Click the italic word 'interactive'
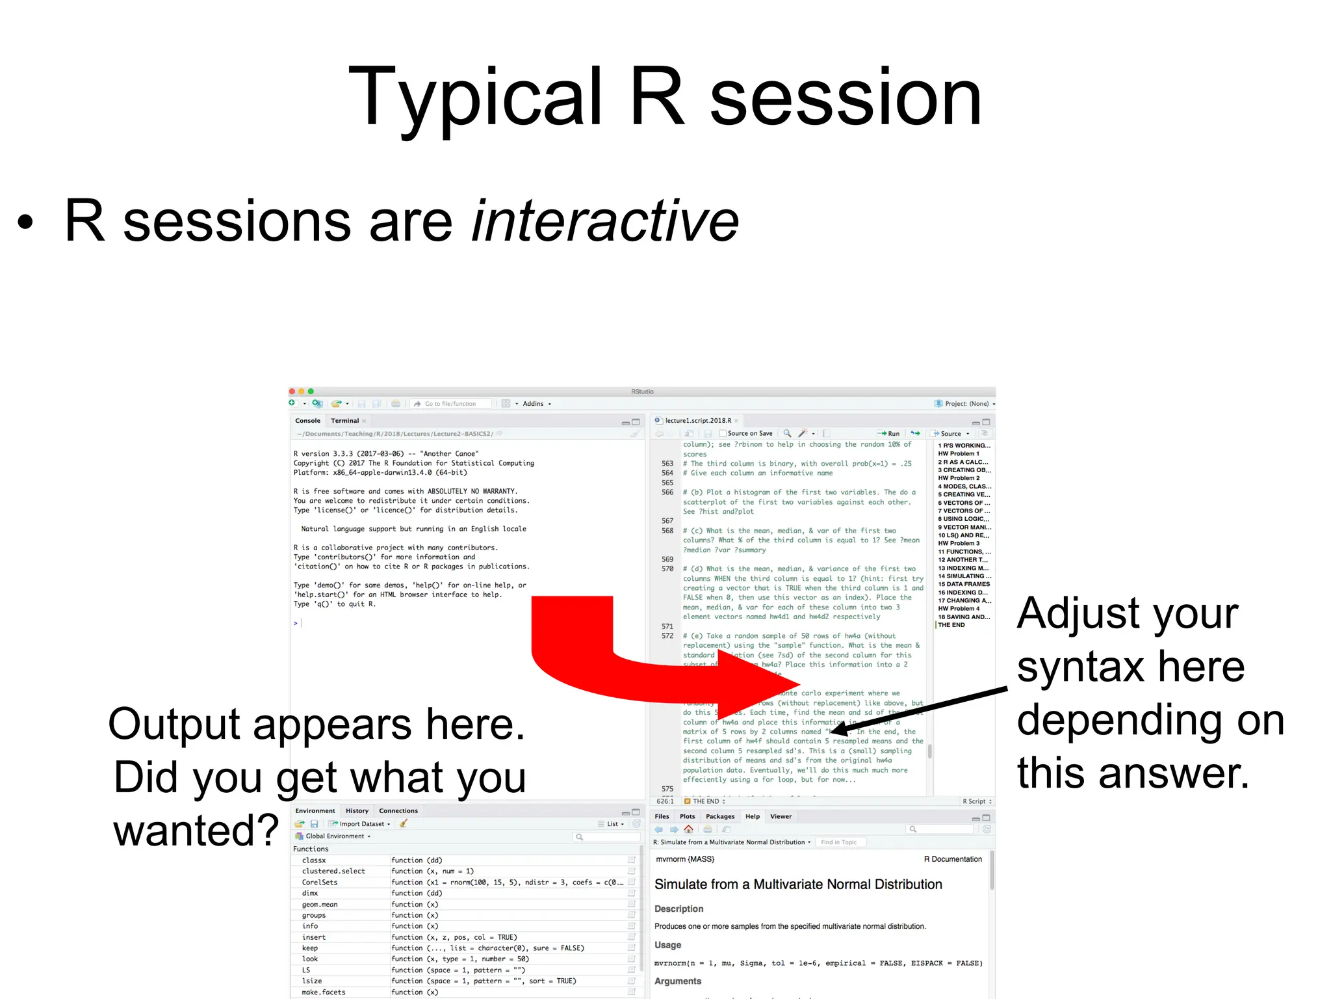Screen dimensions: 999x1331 tap(605, 221)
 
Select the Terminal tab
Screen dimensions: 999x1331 tap(344, 421)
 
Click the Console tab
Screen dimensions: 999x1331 tap(307, 421)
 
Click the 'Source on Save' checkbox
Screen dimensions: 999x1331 tap(723, 433)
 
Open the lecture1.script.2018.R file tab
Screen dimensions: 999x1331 tap(697, 421)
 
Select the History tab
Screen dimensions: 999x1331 tap(357, 810)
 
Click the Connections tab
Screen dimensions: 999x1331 tap(398, 810)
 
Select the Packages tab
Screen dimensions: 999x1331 tap(719, 816)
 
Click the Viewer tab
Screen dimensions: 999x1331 tap(781, 816)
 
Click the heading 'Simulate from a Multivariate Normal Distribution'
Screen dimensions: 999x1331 tap(797, 884)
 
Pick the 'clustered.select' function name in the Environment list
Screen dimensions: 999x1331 tap(333, 871)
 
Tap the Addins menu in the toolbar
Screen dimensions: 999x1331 tap(535, 404)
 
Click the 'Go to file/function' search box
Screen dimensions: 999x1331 tap(451, 404)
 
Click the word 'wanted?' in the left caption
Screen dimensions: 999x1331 tap(196, 831)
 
